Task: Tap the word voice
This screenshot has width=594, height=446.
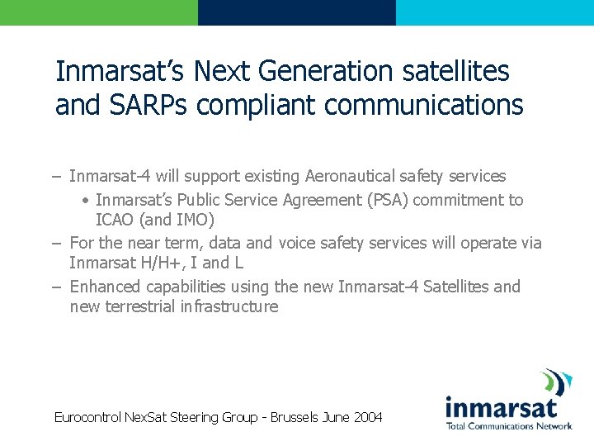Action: [x=300, y=243]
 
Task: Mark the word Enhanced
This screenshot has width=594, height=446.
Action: [x=106, y=287]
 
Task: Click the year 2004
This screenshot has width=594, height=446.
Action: [x=368, y=417]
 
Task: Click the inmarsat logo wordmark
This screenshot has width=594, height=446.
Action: [x=502, y=406]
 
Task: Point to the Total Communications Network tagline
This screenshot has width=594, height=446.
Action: [x=509, y=426]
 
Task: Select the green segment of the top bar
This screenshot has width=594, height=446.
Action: [x=99, y=12]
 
